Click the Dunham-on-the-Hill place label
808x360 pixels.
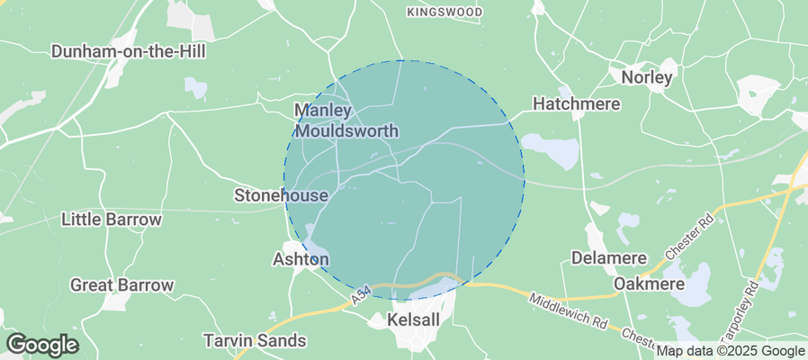tap(129, 51)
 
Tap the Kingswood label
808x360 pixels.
tap(444, 13)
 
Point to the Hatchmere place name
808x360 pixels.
tap(577, 104)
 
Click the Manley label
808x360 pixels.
tap(321, 111)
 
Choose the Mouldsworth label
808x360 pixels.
tap(346, 130)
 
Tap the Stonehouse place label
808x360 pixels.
tap(281, 194)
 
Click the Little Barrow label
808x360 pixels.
tap(112, 220)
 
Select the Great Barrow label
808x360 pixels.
tap(121, 285)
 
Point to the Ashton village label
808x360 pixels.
tap(301, 259)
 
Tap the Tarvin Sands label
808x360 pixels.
tap(255, 341)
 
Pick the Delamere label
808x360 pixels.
tap(609, 259)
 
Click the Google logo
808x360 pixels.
tap(41, 345)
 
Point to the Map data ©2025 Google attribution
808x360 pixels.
tap(730, 351)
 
